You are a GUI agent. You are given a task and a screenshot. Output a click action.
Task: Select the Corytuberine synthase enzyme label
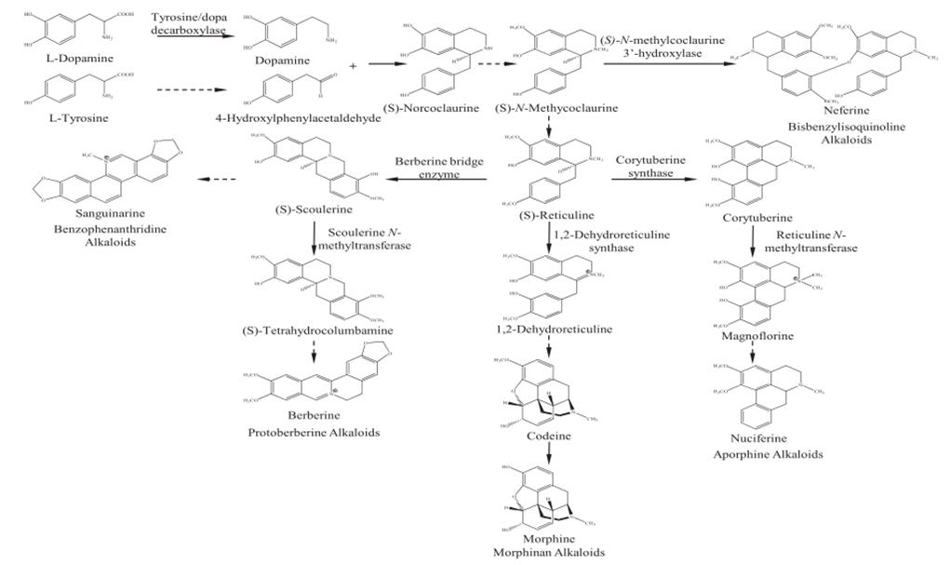pos(649,167)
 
